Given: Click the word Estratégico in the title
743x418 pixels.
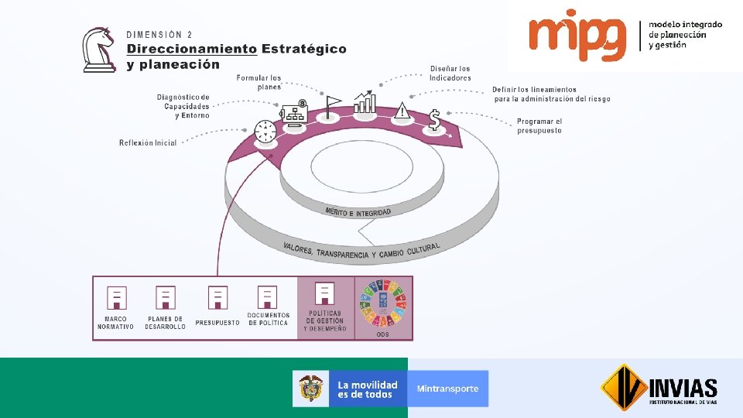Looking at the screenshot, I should pyautogui.click(x=304, y=49).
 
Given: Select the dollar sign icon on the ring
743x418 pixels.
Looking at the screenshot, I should pyautogui.click(x=435, y=119).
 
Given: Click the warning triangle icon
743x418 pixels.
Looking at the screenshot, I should pyautogui.click(x=402, y=111).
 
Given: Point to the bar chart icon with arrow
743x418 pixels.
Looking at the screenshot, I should pyautogui.click(x=365, y=101).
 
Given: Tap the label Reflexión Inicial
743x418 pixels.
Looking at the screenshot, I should pyautogui.click(x=148, y=143).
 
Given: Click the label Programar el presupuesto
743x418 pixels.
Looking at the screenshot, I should pyautogui.click(x=539, y=126).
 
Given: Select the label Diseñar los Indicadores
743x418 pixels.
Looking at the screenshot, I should pyautogui.click(x=450, y=74).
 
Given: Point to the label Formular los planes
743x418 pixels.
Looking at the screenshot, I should pyautogui.click(x=259, y=82).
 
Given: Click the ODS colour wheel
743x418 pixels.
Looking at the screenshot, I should pyautogui.click(x=382, y=303).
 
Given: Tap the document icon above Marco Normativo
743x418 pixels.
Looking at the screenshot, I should pyautogui.click(x=116, y=297).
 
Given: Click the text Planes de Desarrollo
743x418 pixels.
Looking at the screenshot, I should pyautogui.click(x=165, y=323).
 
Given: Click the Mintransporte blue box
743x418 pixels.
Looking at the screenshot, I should pyautogui.click(x=448, y=389).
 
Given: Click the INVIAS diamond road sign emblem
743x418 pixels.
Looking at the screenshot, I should pyautogui.click(x=624, y=387).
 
